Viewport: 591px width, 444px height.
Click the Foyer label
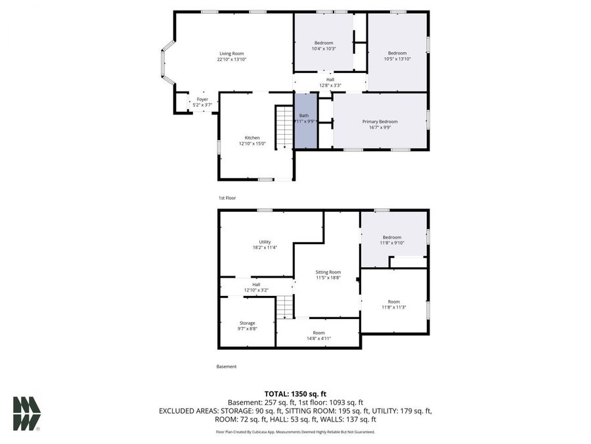(x=202, y=99)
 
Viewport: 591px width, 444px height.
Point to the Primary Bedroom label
(x=380, y=121)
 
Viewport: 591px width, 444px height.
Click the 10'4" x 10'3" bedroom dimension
(x=324, y=49)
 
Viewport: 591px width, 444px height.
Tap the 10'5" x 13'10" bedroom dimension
(x=397, y=59)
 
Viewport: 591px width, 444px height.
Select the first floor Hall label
(x=330, y=80)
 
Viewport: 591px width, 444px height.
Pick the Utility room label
(x=265, y=241)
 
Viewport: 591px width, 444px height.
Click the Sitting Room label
(x=328, y=272)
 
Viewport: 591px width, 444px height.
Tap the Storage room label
(x=247, y=323)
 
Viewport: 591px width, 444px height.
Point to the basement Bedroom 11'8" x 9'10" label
(x=392, y=237)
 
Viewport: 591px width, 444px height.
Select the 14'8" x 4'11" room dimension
(x=318, y=339)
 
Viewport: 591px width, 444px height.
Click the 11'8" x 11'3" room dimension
(x=393, y=307)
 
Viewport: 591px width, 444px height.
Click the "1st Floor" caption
(x=227, y=197)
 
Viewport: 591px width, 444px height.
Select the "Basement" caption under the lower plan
(x=227, y=366)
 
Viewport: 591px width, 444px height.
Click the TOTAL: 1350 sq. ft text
(x=295, y=393)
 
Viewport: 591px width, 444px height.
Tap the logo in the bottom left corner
(x=27, y=413)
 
